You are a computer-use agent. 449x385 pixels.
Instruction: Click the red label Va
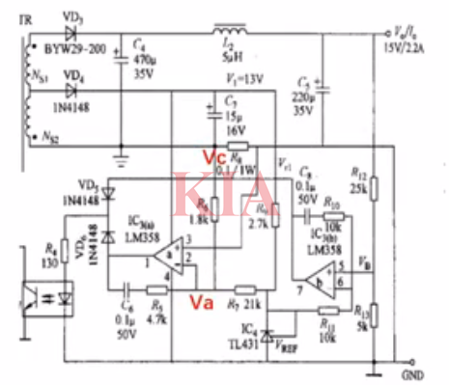[200, 302]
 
